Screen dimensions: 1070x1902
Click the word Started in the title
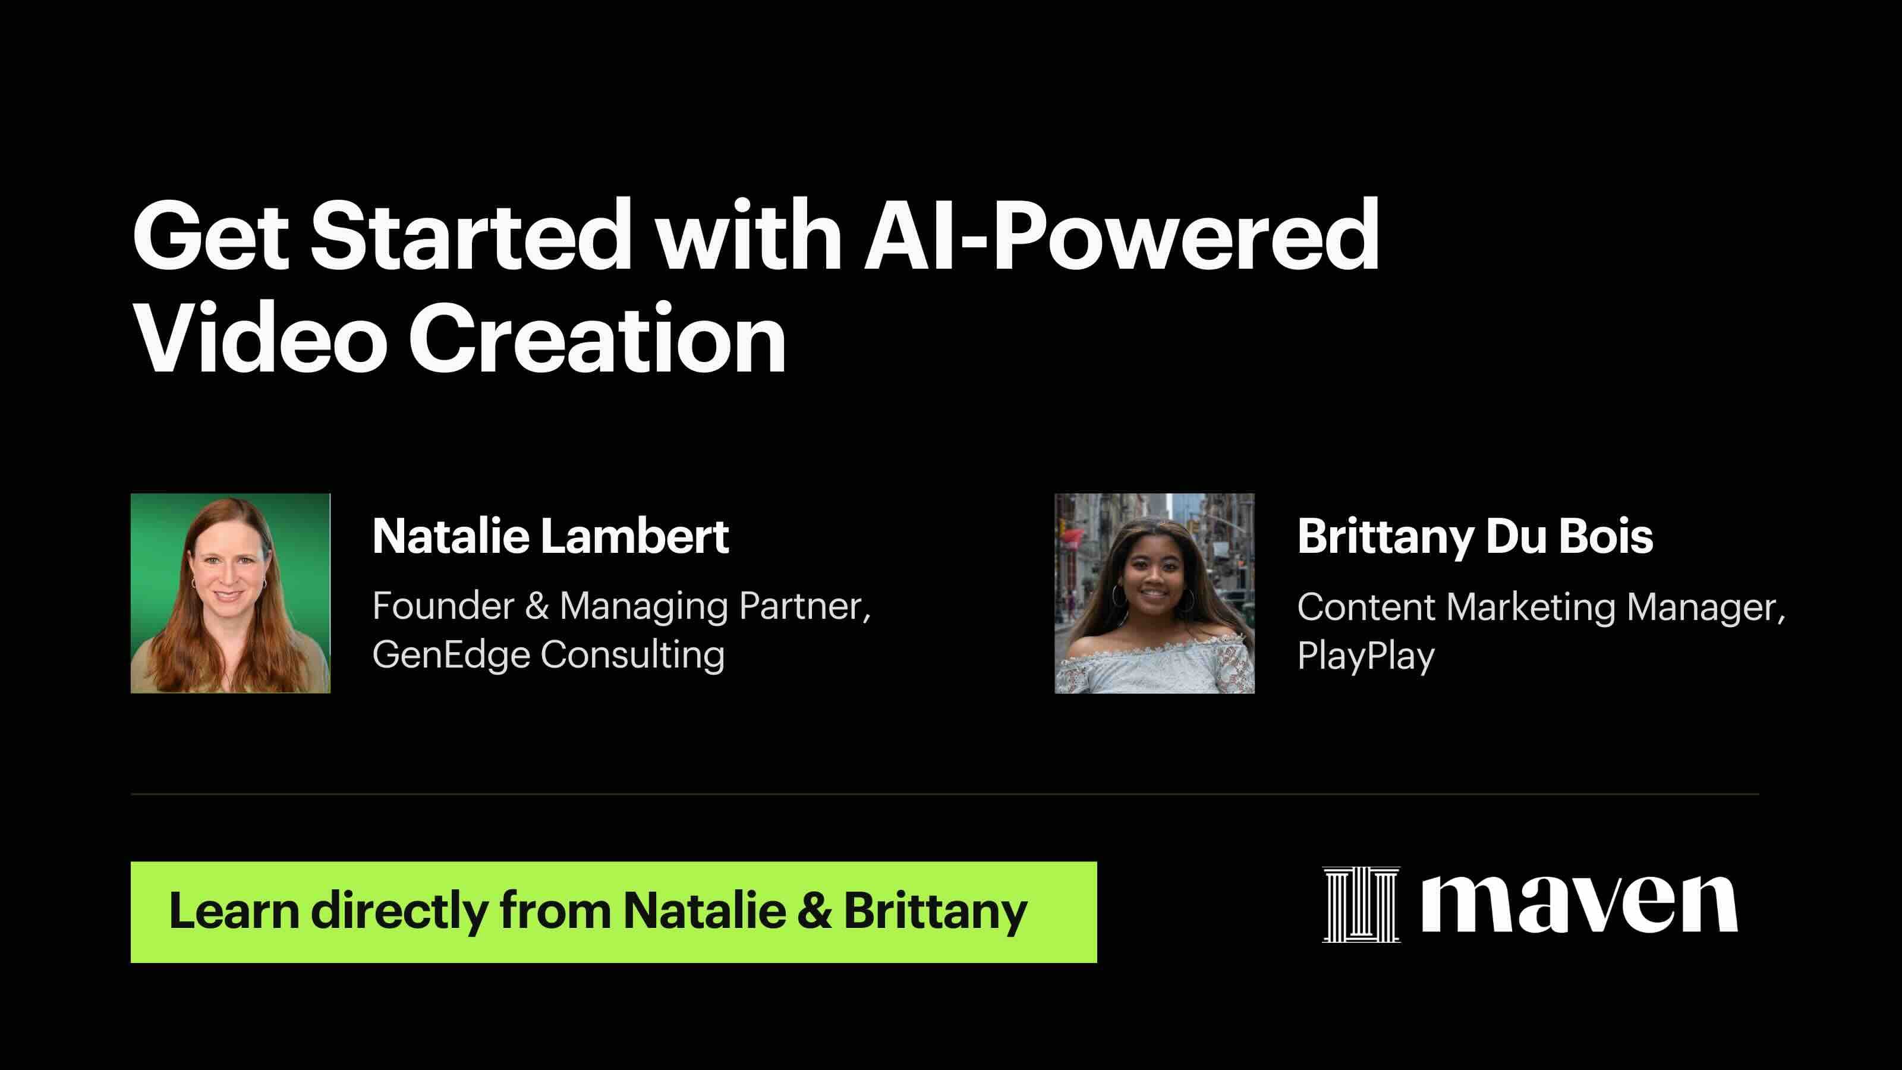click(x=470, y=237)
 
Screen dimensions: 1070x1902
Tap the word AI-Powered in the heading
click(x=1121, y=237)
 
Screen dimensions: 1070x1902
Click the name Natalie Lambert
click(x=550, y=536)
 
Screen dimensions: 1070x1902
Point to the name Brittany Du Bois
click(x=1475, y=536)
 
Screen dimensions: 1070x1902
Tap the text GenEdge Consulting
click(x=548, y=655)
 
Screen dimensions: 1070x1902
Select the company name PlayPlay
click(x=1365, y=656)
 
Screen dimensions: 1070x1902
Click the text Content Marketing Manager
click(x=1539, y=607)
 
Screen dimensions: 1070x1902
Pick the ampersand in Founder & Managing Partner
click(x=537, y=606)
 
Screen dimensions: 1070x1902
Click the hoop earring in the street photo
click(x=1119, y=597)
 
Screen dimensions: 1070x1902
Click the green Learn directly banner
click(x=613, y=912)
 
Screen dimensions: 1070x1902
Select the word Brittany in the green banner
click(x=935, y=911)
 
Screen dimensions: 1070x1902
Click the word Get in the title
click(x=210, y=237)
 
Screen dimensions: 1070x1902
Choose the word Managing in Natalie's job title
click(x=643, y=608)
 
